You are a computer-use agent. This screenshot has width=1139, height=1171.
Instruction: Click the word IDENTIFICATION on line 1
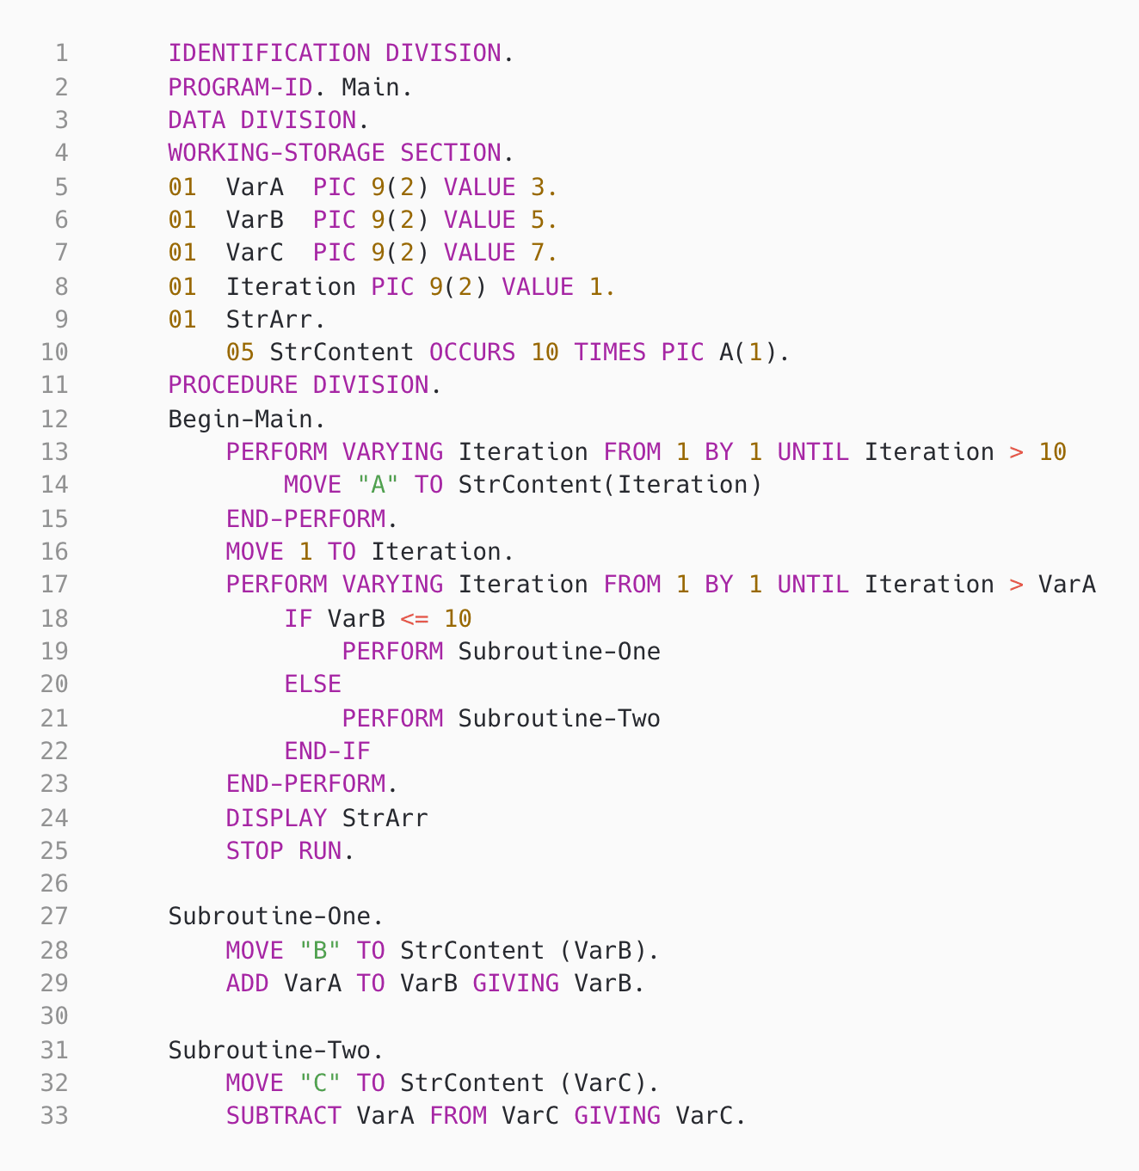point(269,53)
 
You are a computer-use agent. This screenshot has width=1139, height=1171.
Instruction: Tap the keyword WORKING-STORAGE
point(276,153)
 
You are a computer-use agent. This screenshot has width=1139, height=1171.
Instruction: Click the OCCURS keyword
point(472,353)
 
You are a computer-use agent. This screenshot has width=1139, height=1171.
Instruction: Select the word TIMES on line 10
point(610,353)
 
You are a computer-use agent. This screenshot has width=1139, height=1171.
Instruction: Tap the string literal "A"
point(378,485)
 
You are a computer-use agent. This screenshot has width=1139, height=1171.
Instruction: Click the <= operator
point(414,618)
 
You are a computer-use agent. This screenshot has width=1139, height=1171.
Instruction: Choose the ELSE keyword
point(312,684)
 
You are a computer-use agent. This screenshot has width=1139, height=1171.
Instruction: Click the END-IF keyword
point(327,751)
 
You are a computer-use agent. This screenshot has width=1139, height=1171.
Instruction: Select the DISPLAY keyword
point(276,818)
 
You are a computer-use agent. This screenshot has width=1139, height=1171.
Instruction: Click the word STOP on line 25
point(255,851)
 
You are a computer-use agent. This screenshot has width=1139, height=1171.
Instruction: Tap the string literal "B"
point(320,950)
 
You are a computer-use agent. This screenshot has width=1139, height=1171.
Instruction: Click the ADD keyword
point(247,983)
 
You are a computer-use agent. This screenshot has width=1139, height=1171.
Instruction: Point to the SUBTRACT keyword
point(284,1116)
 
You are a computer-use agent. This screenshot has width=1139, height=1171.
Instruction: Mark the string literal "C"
point(320,1082)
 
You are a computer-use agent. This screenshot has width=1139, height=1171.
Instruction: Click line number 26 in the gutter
point(53,884)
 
